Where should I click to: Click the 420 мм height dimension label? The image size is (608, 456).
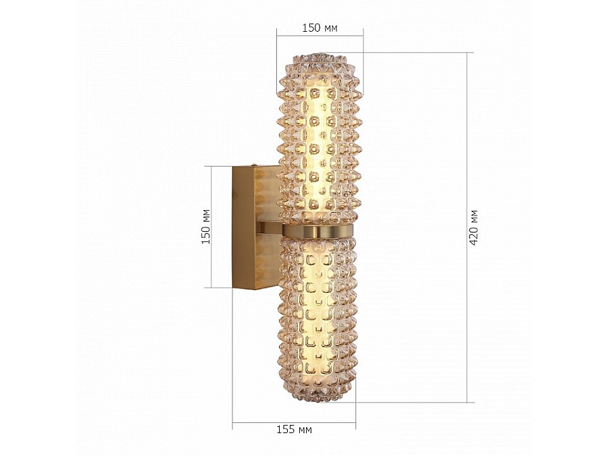pyautogui.click(x=474, y=228)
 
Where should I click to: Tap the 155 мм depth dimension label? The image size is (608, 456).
pyautogui.click(x=294, y=430)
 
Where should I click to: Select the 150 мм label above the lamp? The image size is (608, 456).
pyautogui.click(x=320, y=28)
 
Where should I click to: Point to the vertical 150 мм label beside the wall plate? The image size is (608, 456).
pyautogui.click(x=206, y=227)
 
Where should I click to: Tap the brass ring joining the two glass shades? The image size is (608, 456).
pyautogui.click(x=318, y=232)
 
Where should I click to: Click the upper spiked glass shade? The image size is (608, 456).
pyautogui.click(x=319, y=138)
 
